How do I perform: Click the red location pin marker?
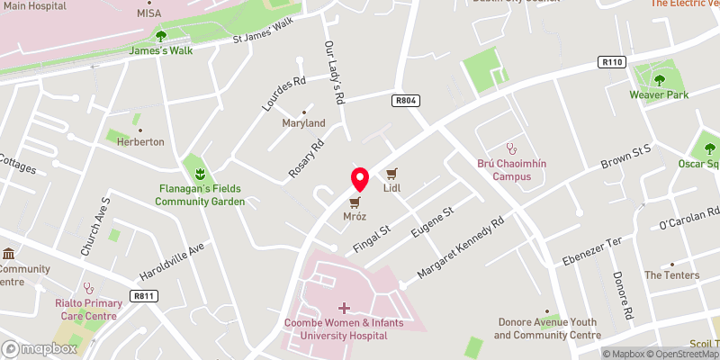click(x=359, y=179)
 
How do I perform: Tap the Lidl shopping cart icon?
click(x=391, y=174)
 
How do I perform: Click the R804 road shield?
click(x=405, y=102)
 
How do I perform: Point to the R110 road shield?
click(x=610, y=62)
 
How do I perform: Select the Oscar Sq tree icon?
click(x=710, y=148)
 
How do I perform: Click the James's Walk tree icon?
click(x=160, y=36)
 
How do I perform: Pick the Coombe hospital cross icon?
click(x=344, y=308)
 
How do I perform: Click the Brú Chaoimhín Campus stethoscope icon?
click(x=511, y=148)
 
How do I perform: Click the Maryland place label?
click(x=303, y=122)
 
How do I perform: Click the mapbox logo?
click(x=39, y=347)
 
